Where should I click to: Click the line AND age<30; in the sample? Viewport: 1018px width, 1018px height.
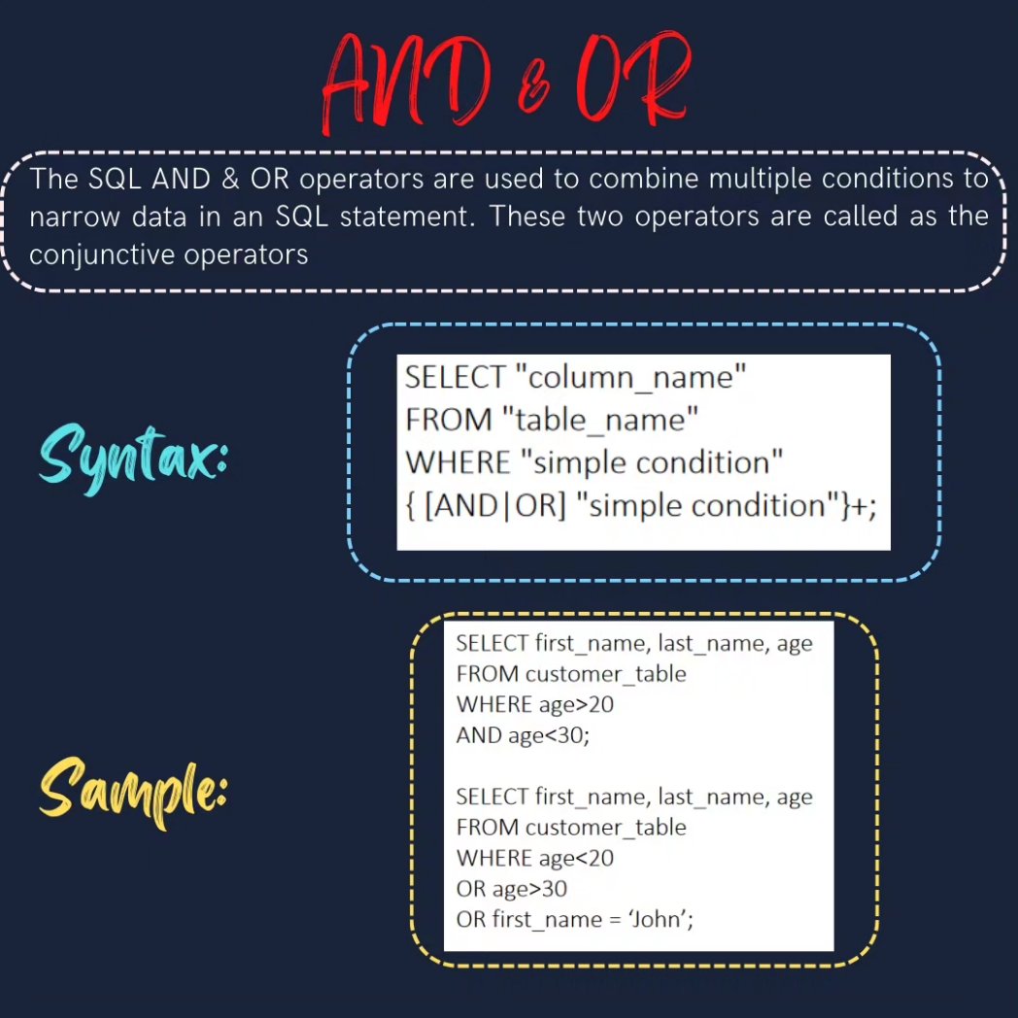(x=523, y=735)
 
